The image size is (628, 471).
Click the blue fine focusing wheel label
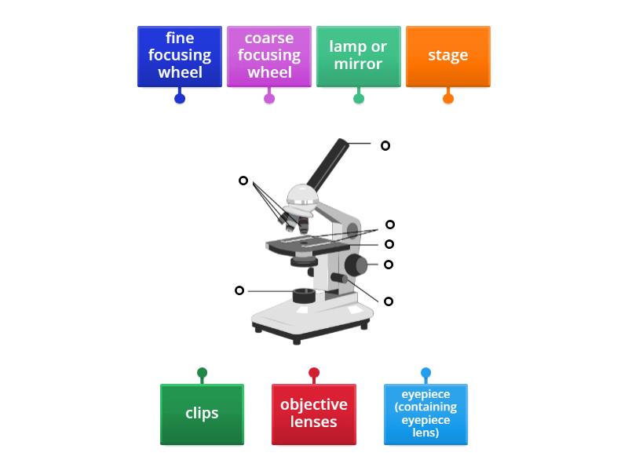[x=180, y=56]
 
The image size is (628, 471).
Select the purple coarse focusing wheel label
[x=269, y=56]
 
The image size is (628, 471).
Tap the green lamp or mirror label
[x=359, y=56]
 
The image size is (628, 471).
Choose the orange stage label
[x=448, y=56]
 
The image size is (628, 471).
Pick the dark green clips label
[x=202, y=414]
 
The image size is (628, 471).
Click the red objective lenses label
[x=314, y=414]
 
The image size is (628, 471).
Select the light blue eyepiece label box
[x=425, y=414]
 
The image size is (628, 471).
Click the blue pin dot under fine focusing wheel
[x=180, y=98]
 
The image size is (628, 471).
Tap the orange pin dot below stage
[x=448, y=98]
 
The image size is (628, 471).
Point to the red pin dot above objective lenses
[x=314, y=374]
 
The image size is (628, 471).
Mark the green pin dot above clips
[x=202, y=374]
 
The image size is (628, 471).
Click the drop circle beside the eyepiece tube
[x=385, y=145]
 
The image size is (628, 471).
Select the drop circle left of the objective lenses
[x=243, y=181]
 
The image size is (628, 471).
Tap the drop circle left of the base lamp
[x=239, y=290]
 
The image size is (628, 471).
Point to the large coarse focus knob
[x=356, y=265]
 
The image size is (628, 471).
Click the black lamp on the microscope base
[x=304, y=296]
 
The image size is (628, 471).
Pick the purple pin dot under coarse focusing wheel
[x=269, y=98]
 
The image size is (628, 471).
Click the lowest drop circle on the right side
[x=389, y=301]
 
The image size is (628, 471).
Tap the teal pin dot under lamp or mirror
[x=359, y=98]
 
